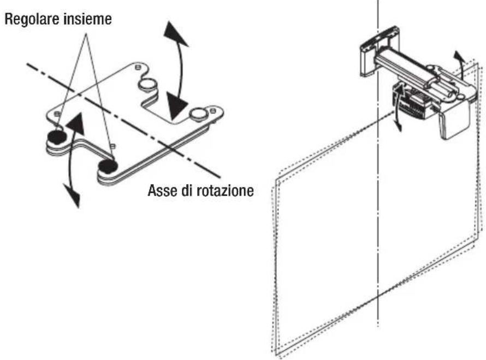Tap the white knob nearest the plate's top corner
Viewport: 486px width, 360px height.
point(147,84)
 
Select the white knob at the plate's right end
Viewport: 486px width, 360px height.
point(198,113)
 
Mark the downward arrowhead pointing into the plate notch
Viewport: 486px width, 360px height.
point(176,109)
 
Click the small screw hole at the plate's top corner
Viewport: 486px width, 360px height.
point(137,67)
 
